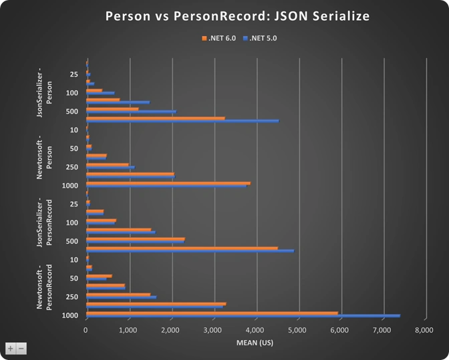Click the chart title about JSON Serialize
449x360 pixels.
click(x=237, y=16)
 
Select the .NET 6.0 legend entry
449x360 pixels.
click(x=218, y=38)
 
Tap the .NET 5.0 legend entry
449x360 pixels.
click(x=260, y=38)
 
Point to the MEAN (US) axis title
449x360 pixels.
click(x=255, y=343)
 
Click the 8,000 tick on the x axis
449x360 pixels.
click(x=424, y=330)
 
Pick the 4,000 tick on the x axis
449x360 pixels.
click(x=255, y=330)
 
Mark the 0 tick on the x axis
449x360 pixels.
click(x=86, y=330)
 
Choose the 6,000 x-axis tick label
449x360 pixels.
click(x=339, y=330)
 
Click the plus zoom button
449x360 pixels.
click(x=11, y=349)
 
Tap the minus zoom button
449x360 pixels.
click(x=21, y=349)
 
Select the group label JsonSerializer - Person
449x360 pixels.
click(x=44, y=92)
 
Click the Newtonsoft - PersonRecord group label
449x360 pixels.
click(x=44, y=287)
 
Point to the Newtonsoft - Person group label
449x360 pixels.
click(x=44, y=158)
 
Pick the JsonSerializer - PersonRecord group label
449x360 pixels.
click(x=44, y=222)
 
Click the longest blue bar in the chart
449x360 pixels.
click(x=243, y=316)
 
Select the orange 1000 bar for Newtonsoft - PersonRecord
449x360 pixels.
click(x=212, y=313)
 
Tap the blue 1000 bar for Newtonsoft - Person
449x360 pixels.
click(x=166, y=186)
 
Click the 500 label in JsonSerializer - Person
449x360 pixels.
click(x=72, y=112)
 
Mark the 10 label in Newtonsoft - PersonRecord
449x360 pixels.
click(x=74, y=260)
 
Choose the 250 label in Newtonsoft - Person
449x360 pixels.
click(x=72, y=167)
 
